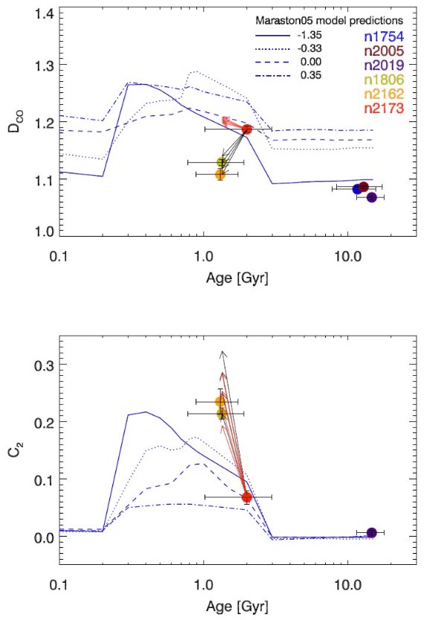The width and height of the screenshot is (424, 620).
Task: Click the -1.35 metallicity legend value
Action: (x=309, y=35)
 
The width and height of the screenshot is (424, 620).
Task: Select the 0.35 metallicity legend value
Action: (x=311, y=75)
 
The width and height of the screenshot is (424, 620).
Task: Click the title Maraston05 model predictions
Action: (x=330, y=20)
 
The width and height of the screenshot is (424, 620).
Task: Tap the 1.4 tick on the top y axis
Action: (x=45, y=14)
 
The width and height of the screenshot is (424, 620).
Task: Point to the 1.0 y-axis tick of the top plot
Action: (x=45, y=231)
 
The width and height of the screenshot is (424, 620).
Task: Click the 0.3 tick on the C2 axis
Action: (x=45, y=365)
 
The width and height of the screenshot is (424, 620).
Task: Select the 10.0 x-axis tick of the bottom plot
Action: (x=347, y=586)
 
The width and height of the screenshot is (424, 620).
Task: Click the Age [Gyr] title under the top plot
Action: (x=237, y=278)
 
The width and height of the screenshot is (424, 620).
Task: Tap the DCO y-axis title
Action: (x=17, y=122)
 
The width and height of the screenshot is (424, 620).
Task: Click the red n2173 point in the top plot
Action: (x=246, y=130)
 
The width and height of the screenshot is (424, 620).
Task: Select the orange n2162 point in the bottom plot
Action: (x=220, y=402)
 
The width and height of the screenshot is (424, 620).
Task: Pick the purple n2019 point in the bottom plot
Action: (x=371, y=533)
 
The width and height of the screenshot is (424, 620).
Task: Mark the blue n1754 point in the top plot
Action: (x=357, y=189)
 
